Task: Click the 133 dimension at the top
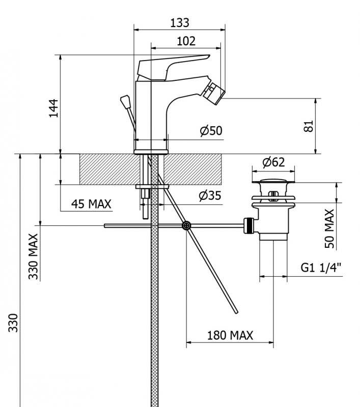pos(179,22)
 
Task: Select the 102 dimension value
pos(186,42)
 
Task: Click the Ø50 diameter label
pos(211,131)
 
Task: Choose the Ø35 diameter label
pos(210,195)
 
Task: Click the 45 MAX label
pos(91,204)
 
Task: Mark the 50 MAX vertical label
pos(329,228)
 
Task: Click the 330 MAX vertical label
pos(34,256)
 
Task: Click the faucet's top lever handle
pos(173,65)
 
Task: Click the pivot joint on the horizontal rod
pos(186,225)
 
